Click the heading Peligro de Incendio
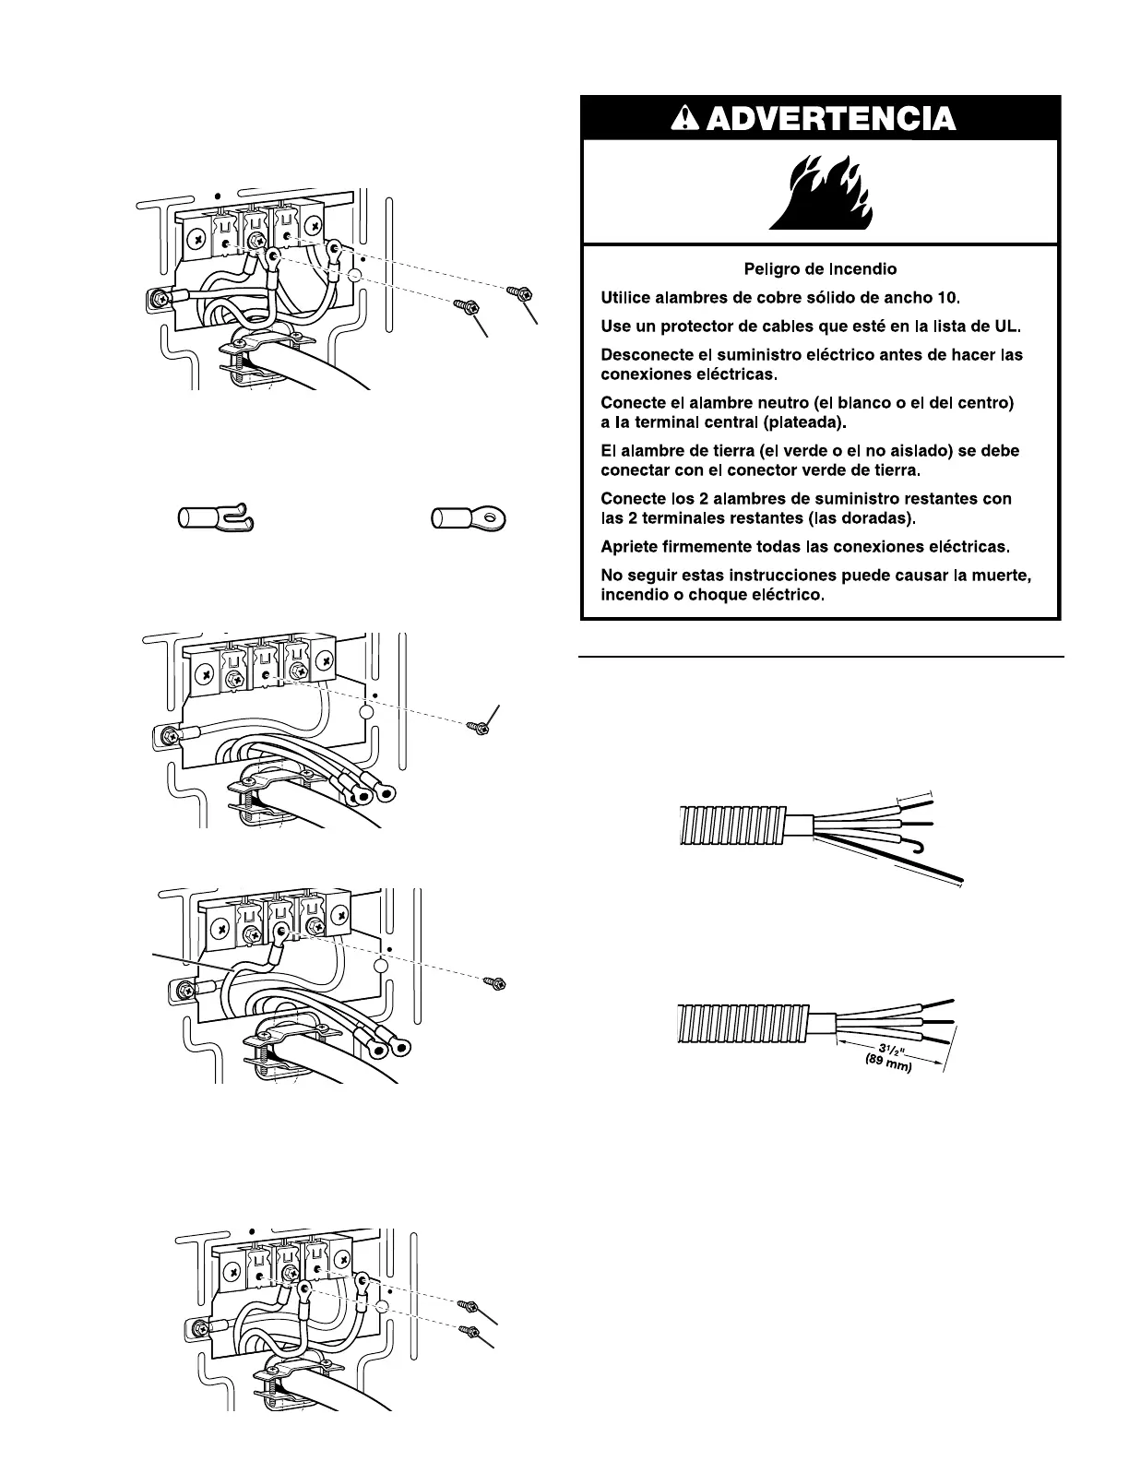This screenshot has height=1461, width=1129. pos(820,269)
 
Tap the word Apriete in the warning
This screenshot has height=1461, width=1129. pos(629,546)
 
